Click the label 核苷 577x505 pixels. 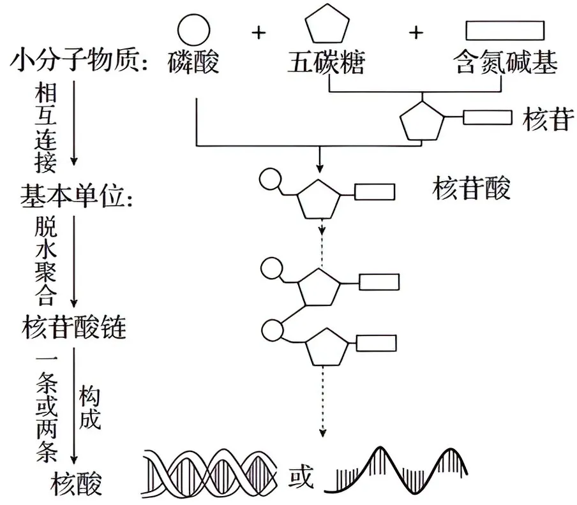[x=546, y=119]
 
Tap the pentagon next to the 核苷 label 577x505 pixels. [x=421, y=120]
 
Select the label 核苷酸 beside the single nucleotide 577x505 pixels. [x=472, y=189]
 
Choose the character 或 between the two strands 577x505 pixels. [x=302, y=477]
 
